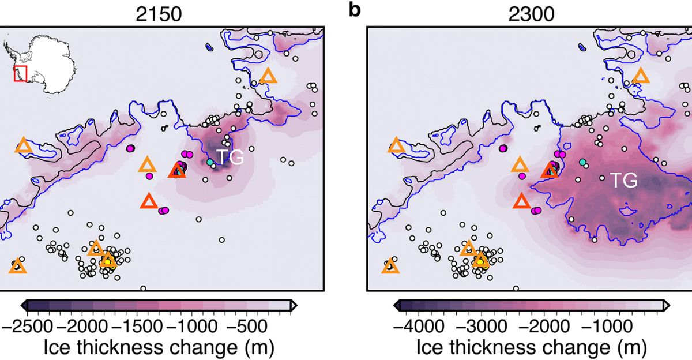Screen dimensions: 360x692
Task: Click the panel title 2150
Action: pyautogui.click(x=159, y=14)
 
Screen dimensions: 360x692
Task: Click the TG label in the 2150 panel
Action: pyautogui.click(x=231, y=156)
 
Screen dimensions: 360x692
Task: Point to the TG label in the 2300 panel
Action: pyautogui.click(x=624, y=181)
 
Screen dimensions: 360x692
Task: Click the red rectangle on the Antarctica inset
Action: pyautogui.click(x=21, y=73)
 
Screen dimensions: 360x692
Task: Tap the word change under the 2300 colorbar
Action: pyautogui.click(x=568, y=347)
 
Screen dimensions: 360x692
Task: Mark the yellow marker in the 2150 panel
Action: pyautogui.click(x=109, y=264)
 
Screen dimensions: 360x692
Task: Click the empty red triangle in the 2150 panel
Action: pyautogui.click(x=149, y=201)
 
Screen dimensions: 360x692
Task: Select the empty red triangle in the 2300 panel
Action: pyautogui.click(x=521, y=201)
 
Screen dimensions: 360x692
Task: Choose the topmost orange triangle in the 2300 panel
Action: pyautogui.click(x=641, y=76)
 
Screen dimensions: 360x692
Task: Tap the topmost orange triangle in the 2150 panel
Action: pyautogui.click(x=268, y=76)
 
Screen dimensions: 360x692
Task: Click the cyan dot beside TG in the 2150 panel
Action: pyautogui.click(x=210, y=163)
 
